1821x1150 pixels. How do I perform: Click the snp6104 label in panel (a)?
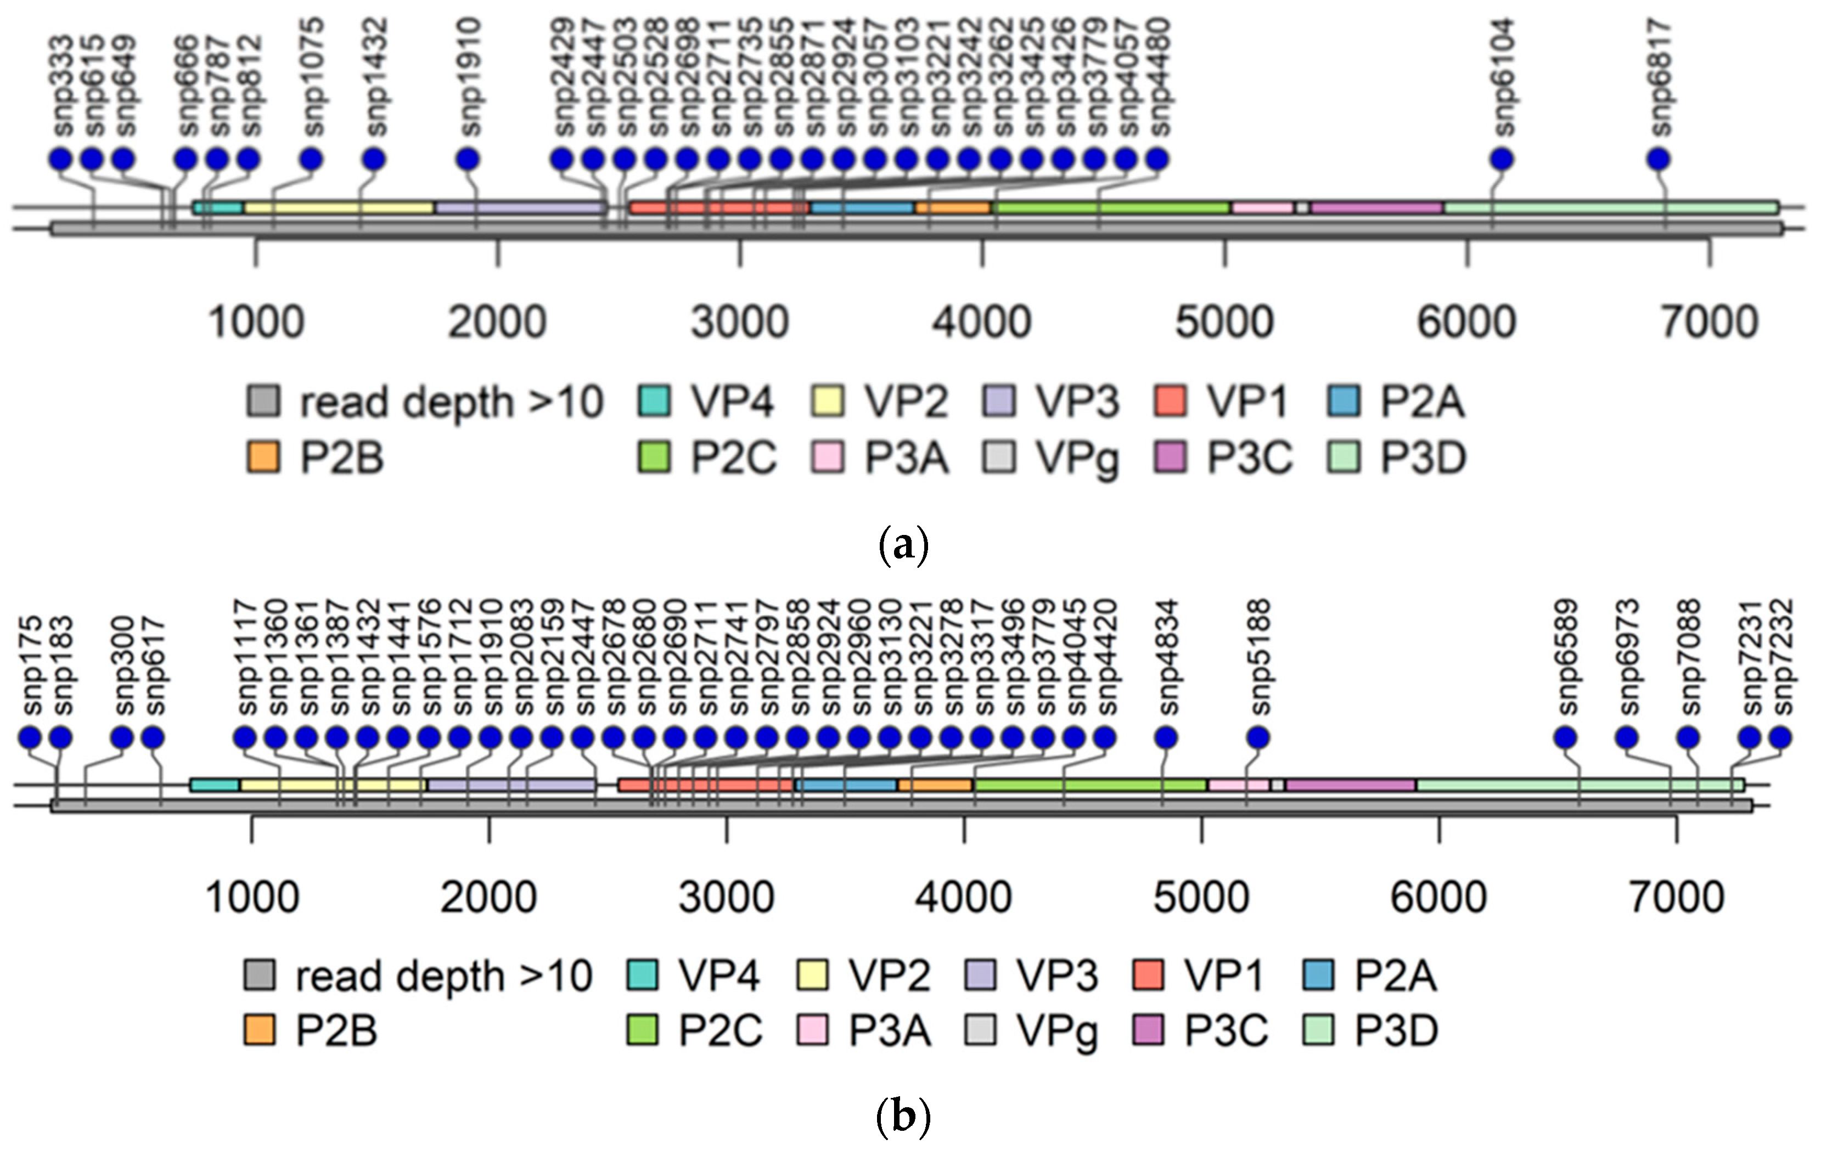pos(1502,78)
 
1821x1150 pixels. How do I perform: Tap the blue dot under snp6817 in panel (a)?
pos(1659,160)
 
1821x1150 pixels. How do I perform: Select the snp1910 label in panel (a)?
pos(468,78)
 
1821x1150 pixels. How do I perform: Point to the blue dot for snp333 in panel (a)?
pos(60,160)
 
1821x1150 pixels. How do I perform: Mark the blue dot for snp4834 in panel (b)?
pos(1166,737)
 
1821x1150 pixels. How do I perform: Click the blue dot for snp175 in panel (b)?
pos(30,737)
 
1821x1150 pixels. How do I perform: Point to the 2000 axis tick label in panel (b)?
pos(488,898)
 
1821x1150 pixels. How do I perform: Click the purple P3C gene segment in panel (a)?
pos(1376,207)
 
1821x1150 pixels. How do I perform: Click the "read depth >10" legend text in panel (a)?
pos(452,402)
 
